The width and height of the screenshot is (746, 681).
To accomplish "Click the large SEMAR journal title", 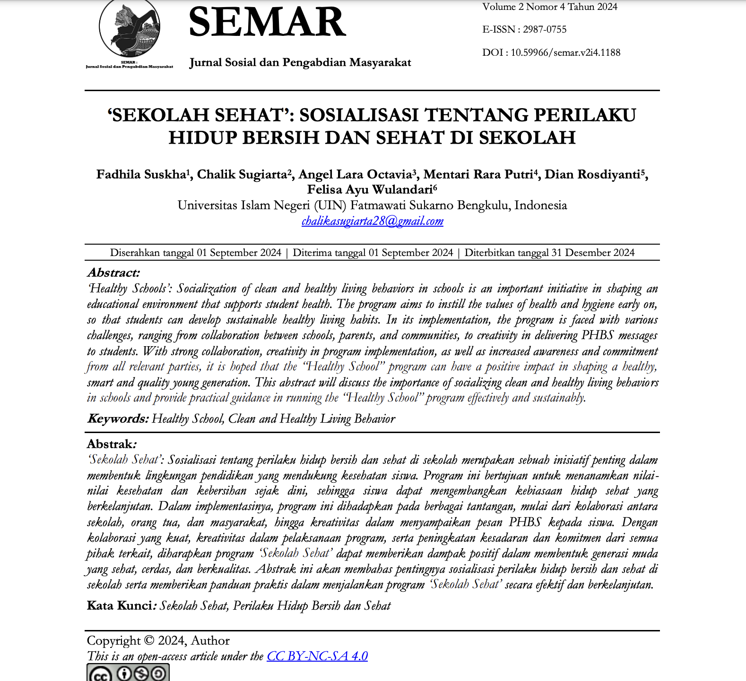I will (267, 22).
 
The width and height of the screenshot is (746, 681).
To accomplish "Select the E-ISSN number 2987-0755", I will (545, 29).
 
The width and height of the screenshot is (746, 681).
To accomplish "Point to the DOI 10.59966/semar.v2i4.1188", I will (565, 52).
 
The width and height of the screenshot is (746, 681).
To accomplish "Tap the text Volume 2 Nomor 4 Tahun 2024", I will (550, 7).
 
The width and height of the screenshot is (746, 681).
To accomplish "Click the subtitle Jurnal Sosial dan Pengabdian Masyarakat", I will (300, 62).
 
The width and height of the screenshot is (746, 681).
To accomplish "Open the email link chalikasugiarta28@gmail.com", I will (373, 221).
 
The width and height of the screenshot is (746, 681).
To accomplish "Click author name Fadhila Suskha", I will (141, 175).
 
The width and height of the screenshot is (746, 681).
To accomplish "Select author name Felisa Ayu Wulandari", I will (370, 190).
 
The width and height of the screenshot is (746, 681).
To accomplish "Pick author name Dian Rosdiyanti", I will (592, 175).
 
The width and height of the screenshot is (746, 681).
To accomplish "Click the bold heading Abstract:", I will (113, 272).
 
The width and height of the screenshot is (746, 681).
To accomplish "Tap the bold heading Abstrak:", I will (111, 444).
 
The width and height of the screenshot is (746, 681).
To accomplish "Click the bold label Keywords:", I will (118, 419).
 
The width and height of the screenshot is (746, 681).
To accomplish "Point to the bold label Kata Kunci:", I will (120, 606).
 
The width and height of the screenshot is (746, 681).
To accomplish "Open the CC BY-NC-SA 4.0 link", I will (317, 656).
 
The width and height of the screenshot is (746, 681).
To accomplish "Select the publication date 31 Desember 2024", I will (593, 253).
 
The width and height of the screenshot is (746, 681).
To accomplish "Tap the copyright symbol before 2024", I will (149, 640).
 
